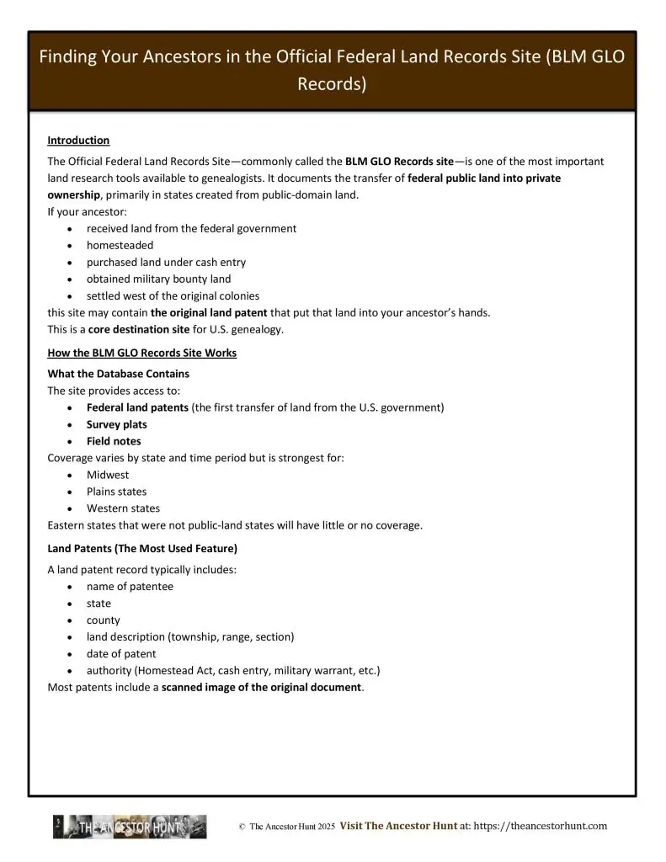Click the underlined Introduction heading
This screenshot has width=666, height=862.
[78, 141]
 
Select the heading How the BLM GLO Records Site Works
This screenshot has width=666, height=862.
[141, 353]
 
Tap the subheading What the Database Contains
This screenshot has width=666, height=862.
[118, 374]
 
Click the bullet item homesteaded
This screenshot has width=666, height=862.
[120, 245]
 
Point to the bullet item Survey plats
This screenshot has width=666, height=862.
[116, 424]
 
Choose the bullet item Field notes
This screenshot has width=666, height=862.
[114, 441]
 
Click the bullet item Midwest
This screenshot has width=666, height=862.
[108, 475]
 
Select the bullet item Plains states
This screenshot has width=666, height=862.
[116, 492]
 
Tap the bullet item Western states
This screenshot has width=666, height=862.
[123, 508]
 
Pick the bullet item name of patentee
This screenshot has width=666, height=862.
[130, 587]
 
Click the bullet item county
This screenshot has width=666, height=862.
[104, 620]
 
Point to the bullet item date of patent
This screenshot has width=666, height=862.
[121, 654]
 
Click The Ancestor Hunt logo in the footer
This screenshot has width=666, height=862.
[131, 827]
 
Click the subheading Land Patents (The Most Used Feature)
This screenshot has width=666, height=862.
[142, 549]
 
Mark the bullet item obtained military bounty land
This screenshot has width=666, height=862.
[158, 279]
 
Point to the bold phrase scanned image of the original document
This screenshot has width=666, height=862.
[261, 688]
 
